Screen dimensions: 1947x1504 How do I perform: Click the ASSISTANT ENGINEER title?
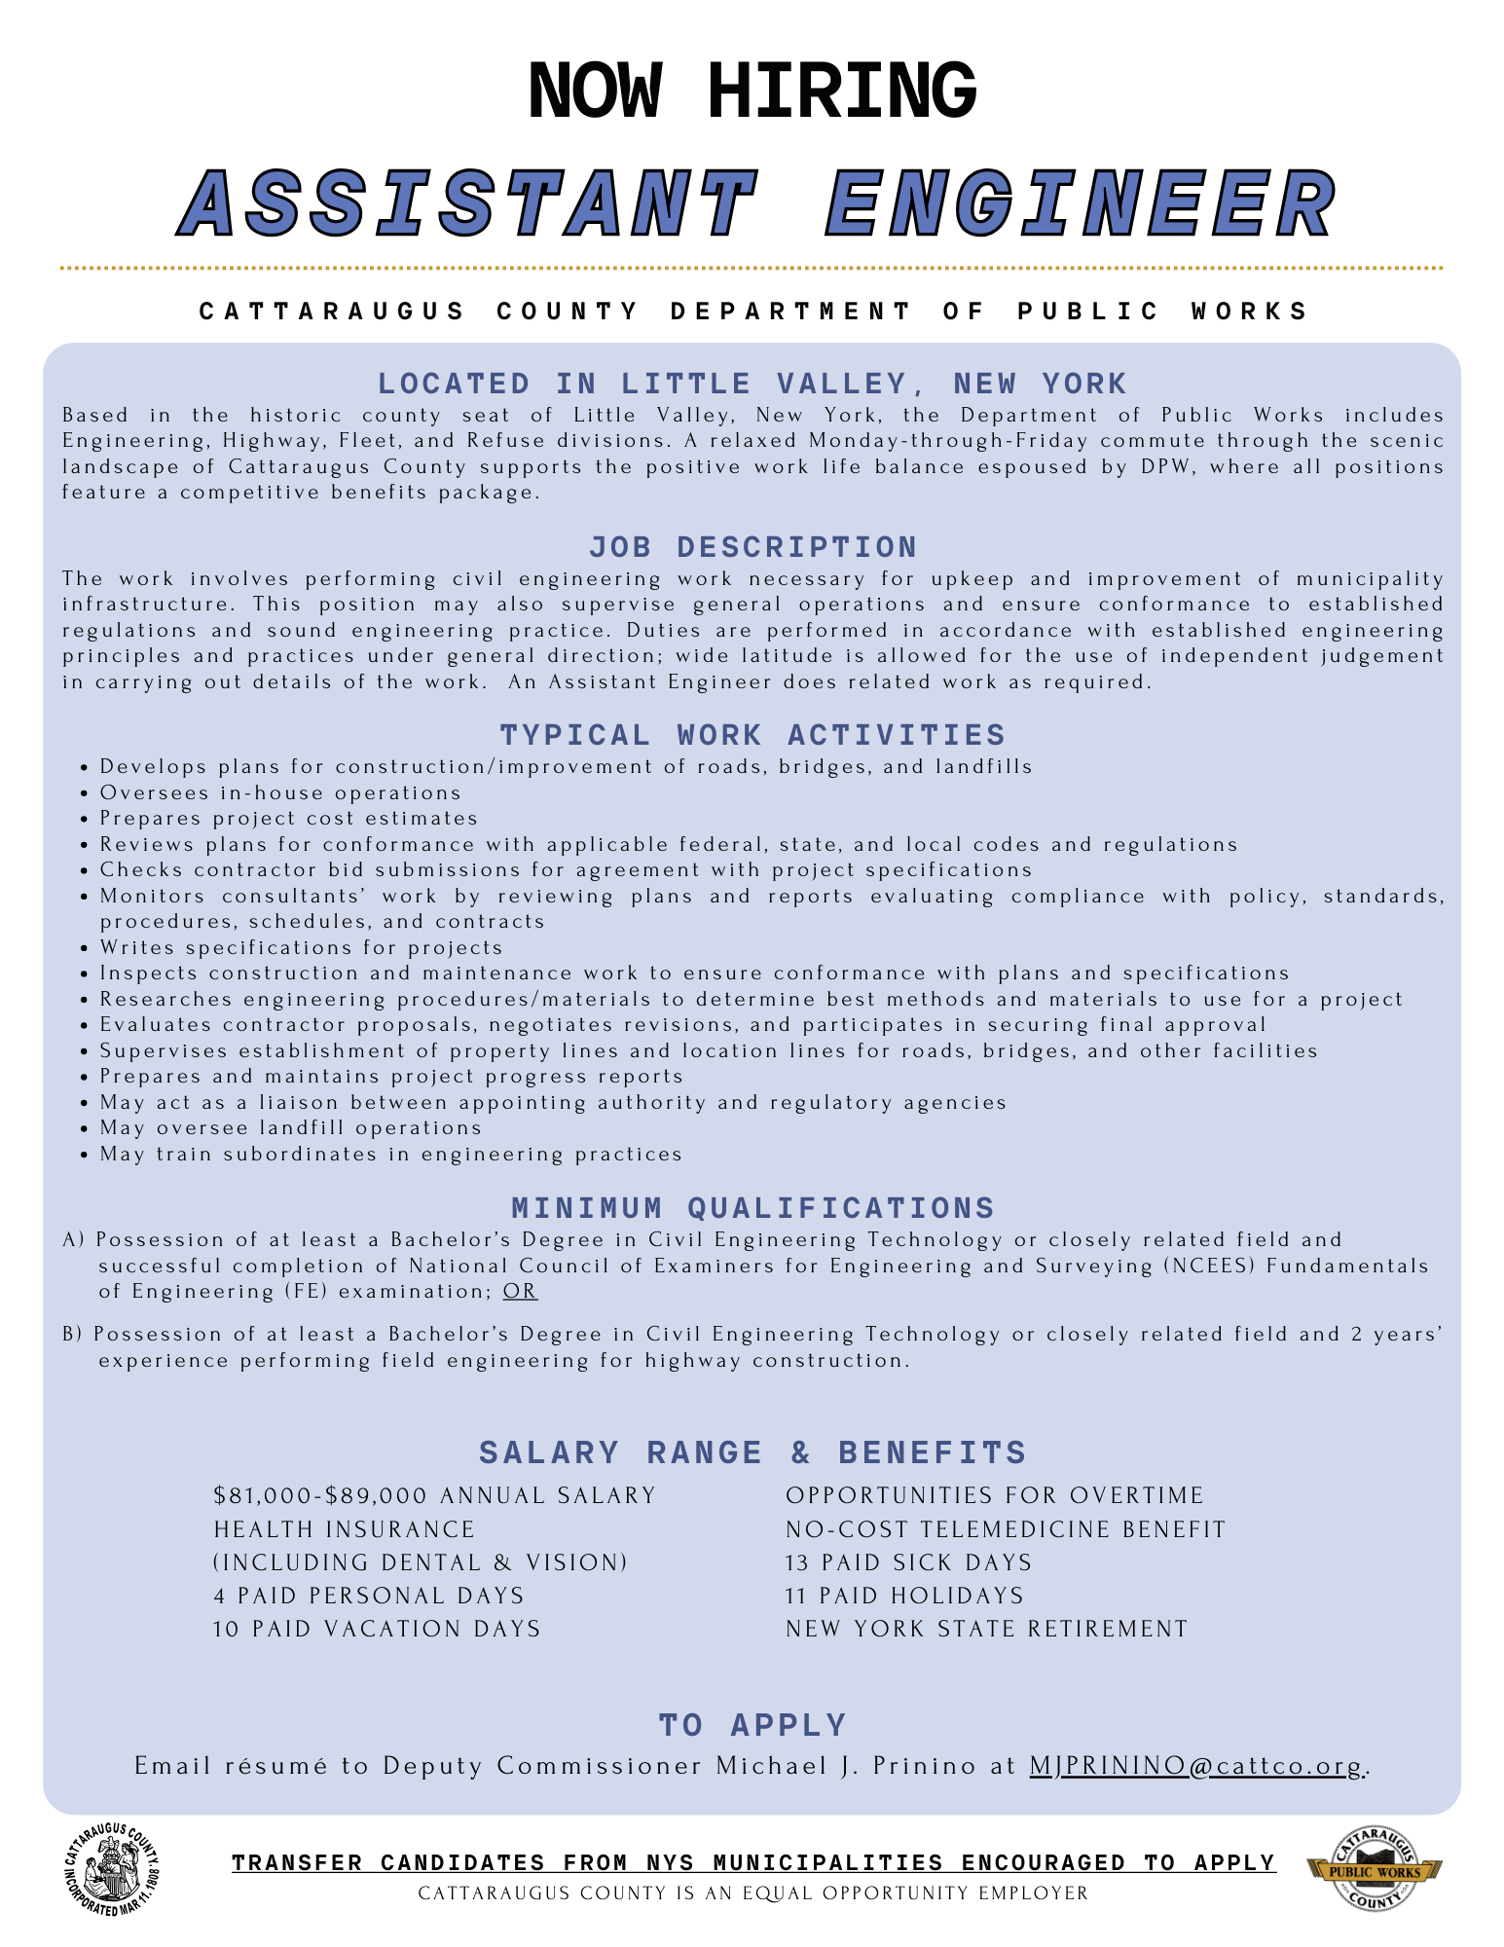[x=757, y=204]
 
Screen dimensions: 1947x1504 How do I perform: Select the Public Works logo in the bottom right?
[x=1374, y=1868]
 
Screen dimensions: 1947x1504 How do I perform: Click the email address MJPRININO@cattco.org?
[x=1198, y=1766]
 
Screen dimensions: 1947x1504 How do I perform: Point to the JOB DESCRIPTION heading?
[x=752, y=547]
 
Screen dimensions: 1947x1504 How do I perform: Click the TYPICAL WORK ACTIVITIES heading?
[x=752, y=735]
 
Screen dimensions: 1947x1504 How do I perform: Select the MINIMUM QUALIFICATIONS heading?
[x=752, y=1208]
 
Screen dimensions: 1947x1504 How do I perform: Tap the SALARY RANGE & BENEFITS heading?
[x=752, y=1452]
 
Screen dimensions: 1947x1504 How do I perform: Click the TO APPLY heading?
[x=752, y=1725]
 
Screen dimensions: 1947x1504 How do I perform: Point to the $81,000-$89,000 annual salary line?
[x=435, y=1495]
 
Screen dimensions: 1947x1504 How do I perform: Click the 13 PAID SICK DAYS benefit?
[x=908, y=1562]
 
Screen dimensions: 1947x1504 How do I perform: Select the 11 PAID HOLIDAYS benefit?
[x=904, y=1596]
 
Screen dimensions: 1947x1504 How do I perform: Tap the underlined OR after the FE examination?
[x=520, y=1292]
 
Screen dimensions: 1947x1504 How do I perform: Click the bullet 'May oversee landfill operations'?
[x=291, y=1128]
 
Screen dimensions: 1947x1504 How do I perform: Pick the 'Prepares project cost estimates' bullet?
[x=289, y=819]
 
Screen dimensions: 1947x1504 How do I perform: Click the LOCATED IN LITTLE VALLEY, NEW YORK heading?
[x=752, y=384]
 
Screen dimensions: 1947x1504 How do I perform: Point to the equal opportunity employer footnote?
[x=752, y=1893]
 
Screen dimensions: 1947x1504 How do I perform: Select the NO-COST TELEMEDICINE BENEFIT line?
[x=1006, y=1529]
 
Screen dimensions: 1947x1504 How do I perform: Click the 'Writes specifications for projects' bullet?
[x=302, y=948]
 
